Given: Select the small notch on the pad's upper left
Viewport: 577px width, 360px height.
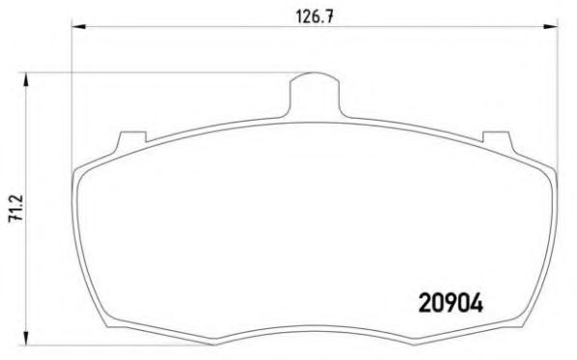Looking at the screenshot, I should point(121,142).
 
